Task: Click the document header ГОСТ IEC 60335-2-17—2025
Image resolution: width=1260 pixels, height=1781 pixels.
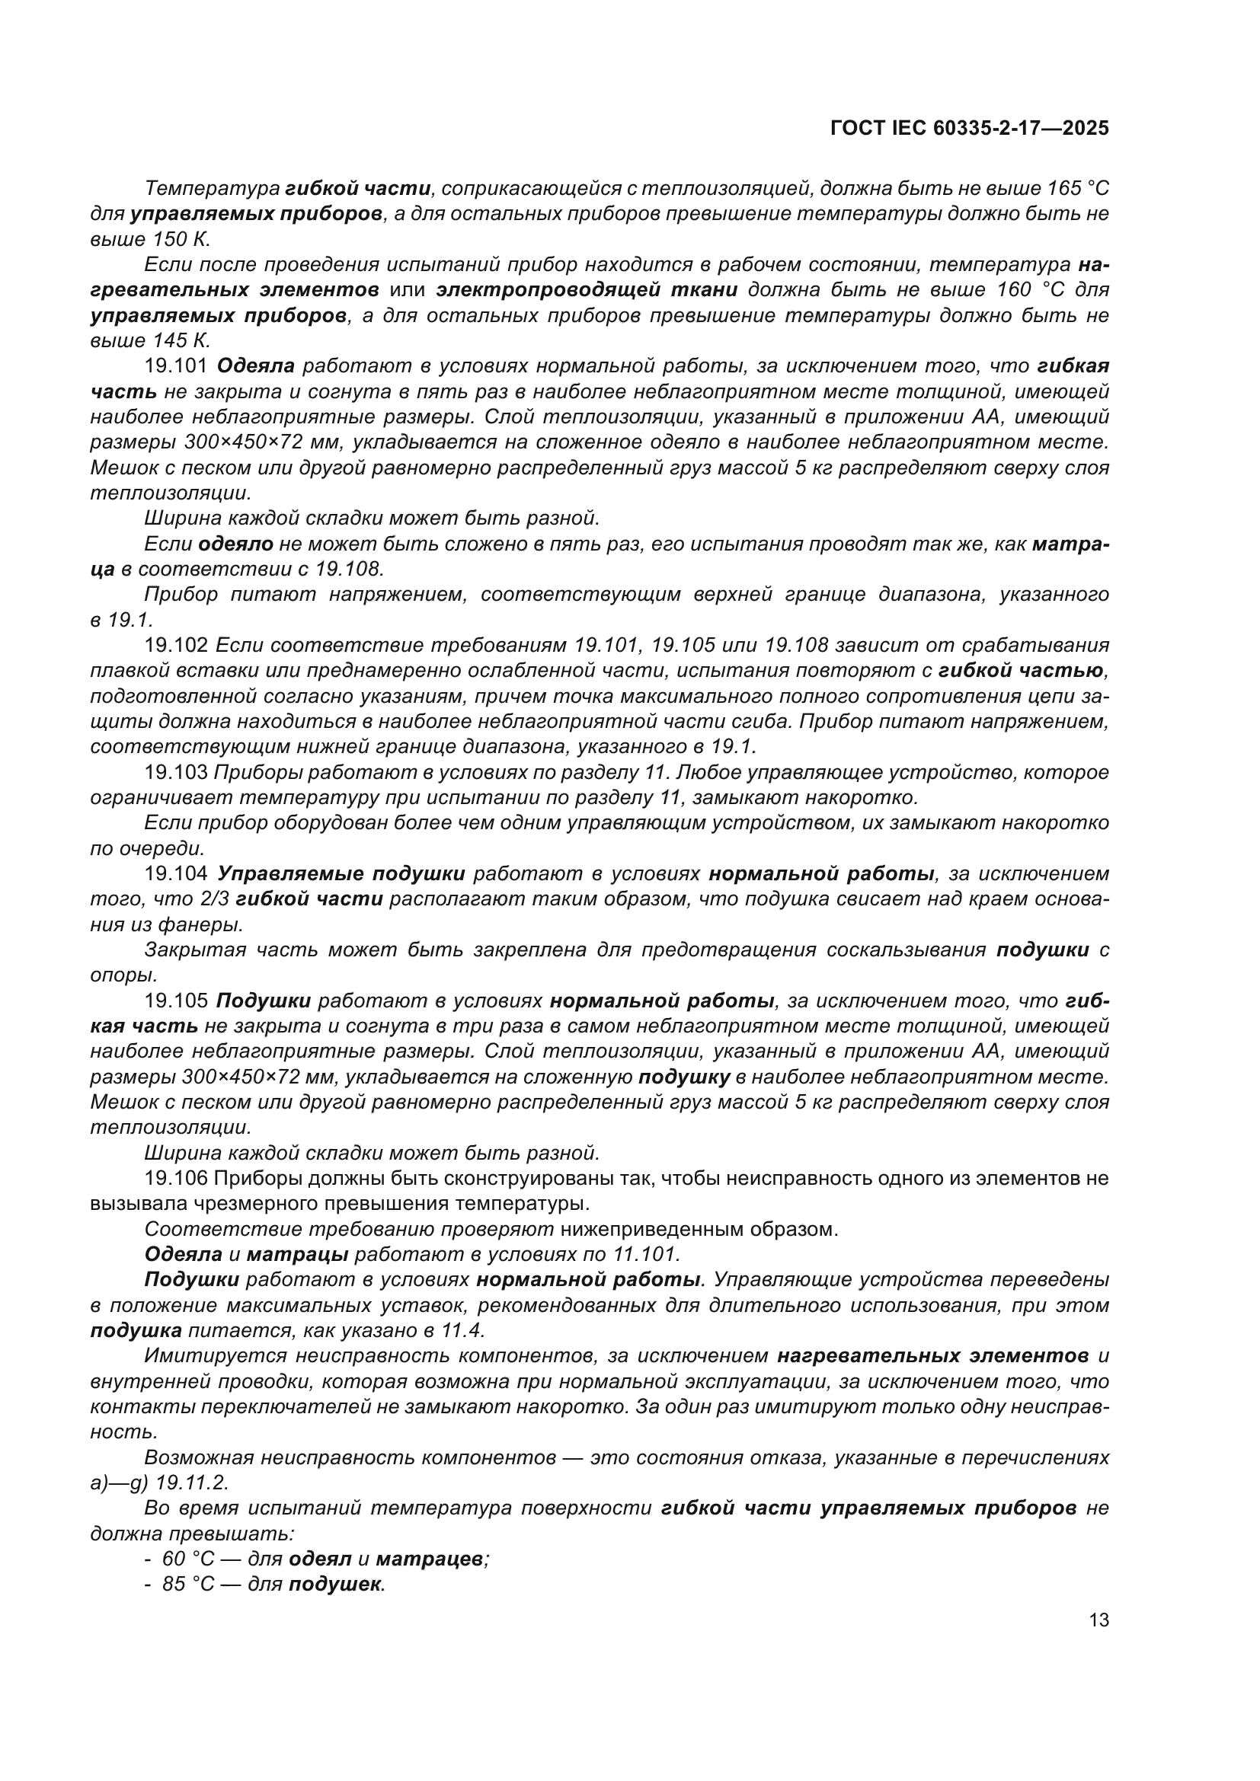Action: (x=969, y=129)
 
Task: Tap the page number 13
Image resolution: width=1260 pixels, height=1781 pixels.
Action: (x=1099, y=1620)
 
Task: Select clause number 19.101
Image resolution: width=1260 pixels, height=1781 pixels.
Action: (x=176, y=366)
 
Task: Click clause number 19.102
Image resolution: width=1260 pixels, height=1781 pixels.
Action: (x=176, y=646)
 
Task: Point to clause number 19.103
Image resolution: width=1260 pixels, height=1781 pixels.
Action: (x=176, y=773)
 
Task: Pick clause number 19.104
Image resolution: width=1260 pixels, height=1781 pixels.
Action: (x=176, y=874)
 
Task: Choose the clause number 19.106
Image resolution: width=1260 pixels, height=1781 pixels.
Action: (x=176, y=1178)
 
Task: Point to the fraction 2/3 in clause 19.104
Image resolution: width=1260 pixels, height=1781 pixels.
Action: (x=214, y=899)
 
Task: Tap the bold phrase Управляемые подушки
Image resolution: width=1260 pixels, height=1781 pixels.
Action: (x=341, y=874)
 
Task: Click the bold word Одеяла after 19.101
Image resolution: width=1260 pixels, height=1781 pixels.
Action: (x=256, y=366)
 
